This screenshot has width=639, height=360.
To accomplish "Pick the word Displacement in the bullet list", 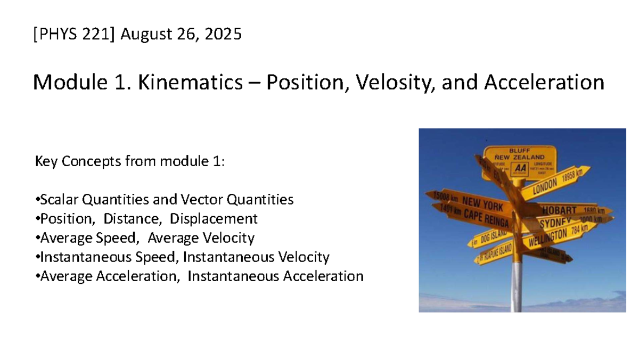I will click(x=214, y=219).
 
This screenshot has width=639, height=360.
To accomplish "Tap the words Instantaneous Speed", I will click(x=110, y=257).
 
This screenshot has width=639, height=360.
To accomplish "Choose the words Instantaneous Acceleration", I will click(x=275, y=276).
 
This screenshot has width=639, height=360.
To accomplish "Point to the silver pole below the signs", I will click(x=516, y=290).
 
